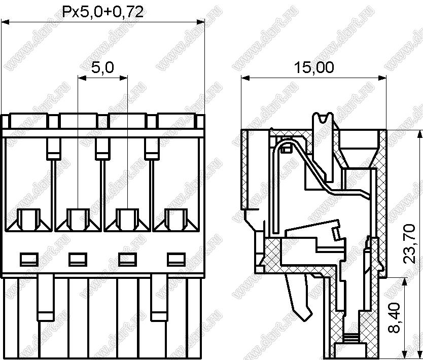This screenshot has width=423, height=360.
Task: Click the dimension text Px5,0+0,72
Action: coord(103,12)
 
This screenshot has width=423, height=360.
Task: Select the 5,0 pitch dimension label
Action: coord(102,67)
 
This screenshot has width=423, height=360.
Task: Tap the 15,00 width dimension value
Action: coord(314,67)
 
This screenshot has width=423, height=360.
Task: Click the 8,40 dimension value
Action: coord(394,317)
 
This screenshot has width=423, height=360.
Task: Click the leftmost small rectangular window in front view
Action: coord(29,260)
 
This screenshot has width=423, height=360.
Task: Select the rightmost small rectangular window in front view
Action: coord(176,260)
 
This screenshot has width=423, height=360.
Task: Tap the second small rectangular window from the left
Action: coord(78,260)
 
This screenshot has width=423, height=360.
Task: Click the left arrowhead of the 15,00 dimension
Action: coord(245,78)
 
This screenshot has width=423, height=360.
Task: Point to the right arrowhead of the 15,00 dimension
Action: coord(382,78)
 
